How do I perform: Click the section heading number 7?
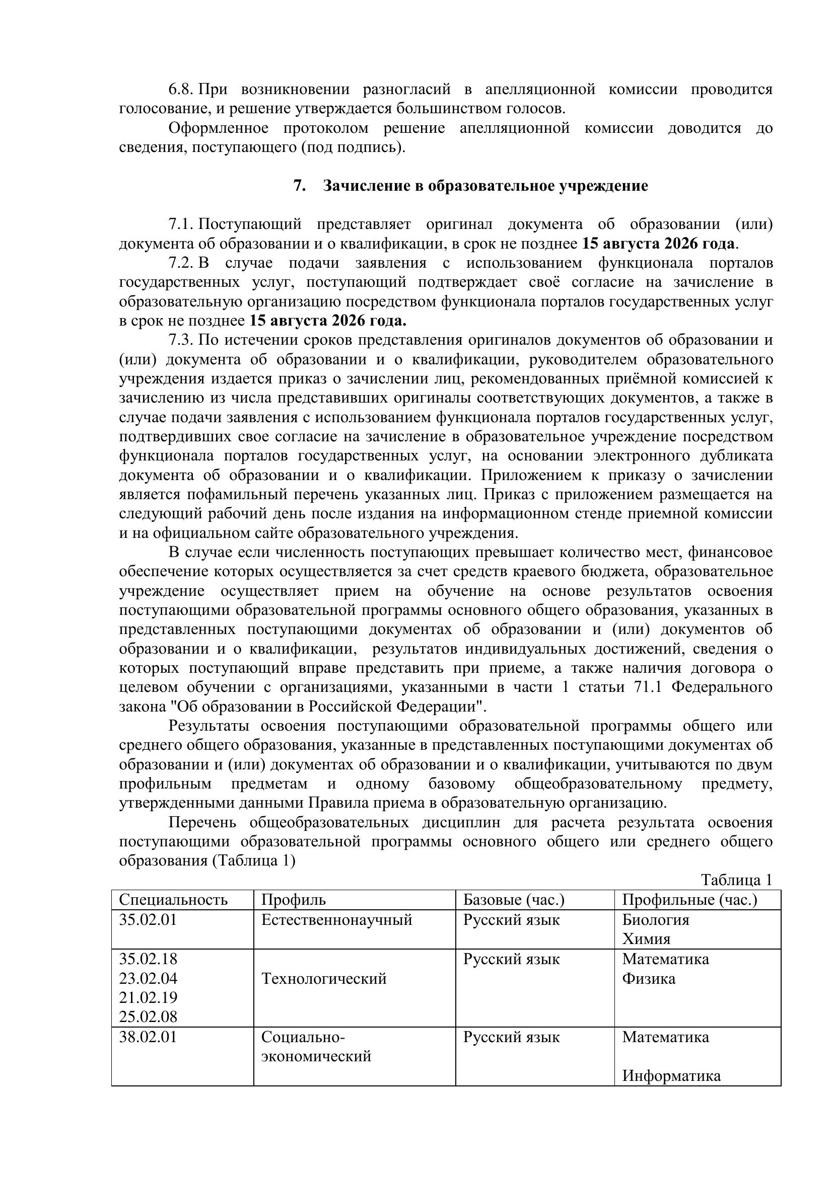click(x=299, y=186)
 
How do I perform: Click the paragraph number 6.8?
click(x=180, y=89)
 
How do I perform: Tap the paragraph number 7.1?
click(x=180, y=224)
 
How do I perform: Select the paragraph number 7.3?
click(x=180, y=340)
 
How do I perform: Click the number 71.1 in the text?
click(x=642, y=687)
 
